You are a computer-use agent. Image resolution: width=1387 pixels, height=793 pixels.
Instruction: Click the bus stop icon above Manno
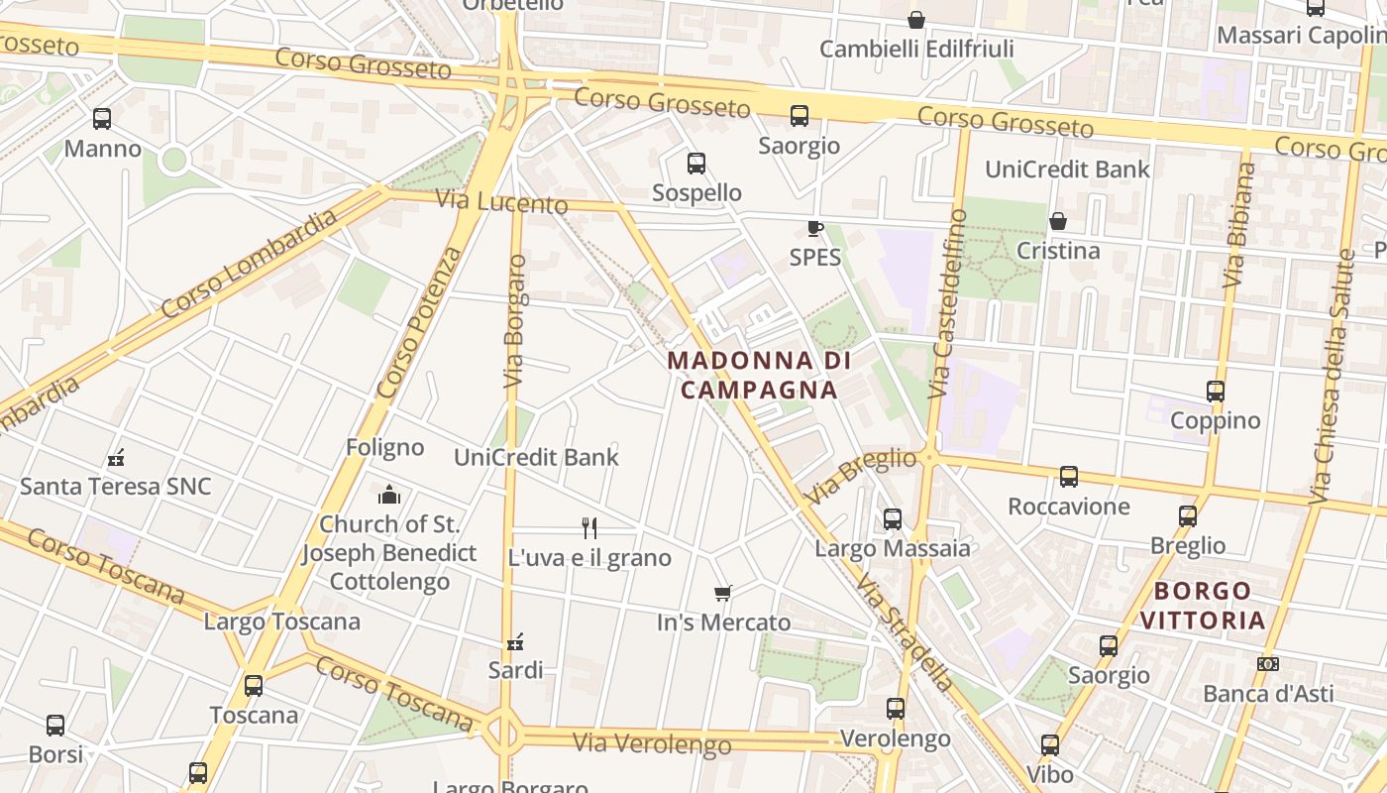tap(102, 119)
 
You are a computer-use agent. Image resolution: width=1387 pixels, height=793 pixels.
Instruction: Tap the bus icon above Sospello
tap(696, 164)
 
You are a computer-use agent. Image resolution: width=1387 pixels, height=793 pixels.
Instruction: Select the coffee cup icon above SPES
tap(814, 229)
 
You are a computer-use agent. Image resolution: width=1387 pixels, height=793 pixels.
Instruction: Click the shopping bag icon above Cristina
tap(1058, 221)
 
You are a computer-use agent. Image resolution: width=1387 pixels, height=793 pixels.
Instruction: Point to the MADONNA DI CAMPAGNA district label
tap(759, 375)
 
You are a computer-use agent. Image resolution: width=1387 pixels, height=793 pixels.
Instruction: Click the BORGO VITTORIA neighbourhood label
tap(1203, 606)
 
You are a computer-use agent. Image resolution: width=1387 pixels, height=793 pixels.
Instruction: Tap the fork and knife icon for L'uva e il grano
tap(589, 527)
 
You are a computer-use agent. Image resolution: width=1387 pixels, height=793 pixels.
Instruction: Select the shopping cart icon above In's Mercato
tap(723, 593)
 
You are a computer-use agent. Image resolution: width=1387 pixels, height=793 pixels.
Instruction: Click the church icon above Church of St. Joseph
tap(389, 494)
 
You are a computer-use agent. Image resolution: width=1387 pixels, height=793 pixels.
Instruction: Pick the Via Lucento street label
tap(502, 202)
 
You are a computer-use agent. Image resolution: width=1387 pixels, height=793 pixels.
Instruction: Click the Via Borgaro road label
tap(514, 322)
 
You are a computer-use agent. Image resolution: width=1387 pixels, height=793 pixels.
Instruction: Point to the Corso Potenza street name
tap(421, 322)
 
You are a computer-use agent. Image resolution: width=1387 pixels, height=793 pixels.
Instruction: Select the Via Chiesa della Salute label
tap(1332, 377)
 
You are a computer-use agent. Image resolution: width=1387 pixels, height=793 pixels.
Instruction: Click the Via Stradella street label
tap(906, 632)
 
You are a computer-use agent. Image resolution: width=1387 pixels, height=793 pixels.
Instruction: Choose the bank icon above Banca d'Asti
tap(1267, 664)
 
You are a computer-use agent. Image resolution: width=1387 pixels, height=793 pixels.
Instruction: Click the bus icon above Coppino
tap(1216, 392)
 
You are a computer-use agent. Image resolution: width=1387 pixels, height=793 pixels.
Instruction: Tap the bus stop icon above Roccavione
tap(1069, 477)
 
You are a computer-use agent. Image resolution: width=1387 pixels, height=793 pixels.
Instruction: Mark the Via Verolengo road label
tap(652, 742)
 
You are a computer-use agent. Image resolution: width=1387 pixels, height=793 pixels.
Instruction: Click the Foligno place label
tap(384, 447)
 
